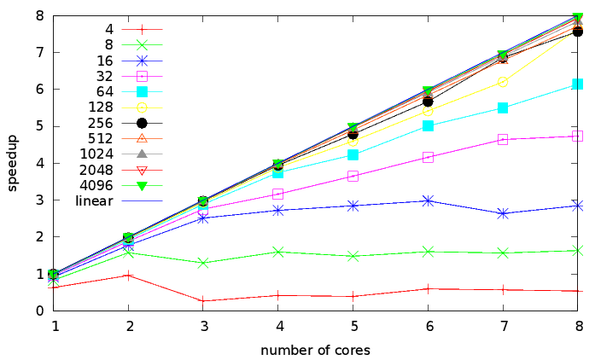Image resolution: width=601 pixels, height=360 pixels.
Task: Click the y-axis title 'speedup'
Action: (13, 162)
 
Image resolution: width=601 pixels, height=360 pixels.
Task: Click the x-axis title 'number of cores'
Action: (316, 350)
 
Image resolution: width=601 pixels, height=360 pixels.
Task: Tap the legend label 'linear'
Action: (95, 200)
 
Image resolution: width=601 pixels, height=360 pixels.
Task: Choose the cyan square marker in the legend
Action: (143, 91)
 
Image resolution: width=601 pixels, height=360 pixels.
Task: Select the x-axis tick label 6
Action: (429, 326)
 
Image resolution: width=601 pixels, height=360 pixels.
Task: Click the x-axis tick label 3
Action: (205, 326)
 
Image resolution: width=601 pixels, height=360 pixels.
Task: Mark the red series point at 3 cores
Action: (205, 301)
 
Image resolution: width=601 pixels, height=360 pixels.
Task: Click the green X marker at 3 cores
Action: (205, 263)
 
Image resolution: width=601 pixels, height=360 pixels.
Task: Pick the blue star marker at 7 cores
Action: (503, 213)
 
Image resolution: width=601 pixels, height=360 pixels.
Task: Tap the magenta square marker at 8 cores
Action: (577, 136)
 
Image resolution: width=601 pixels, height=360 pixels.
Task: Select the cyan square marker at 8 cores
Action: (577, 84)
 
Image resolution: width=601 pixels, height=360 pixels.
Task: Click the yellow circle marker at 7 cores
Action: (503, 82)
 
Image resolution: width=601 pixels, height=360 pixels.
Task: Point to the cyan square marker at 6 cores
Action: (429, 125)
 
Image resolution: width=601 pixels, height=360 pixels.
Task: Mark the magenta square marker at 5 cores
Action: (353, 176)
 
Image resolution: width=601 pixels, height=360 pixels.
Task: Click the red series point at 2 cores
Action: (130, 275)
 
